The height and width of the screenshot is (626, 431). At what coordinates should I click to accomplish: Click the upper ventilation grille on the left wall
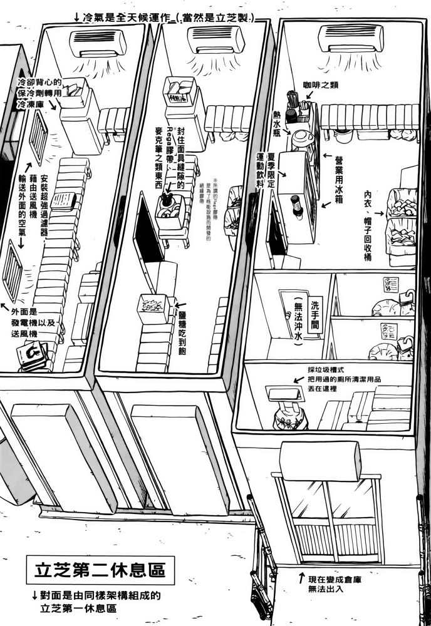coord(39,135)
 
